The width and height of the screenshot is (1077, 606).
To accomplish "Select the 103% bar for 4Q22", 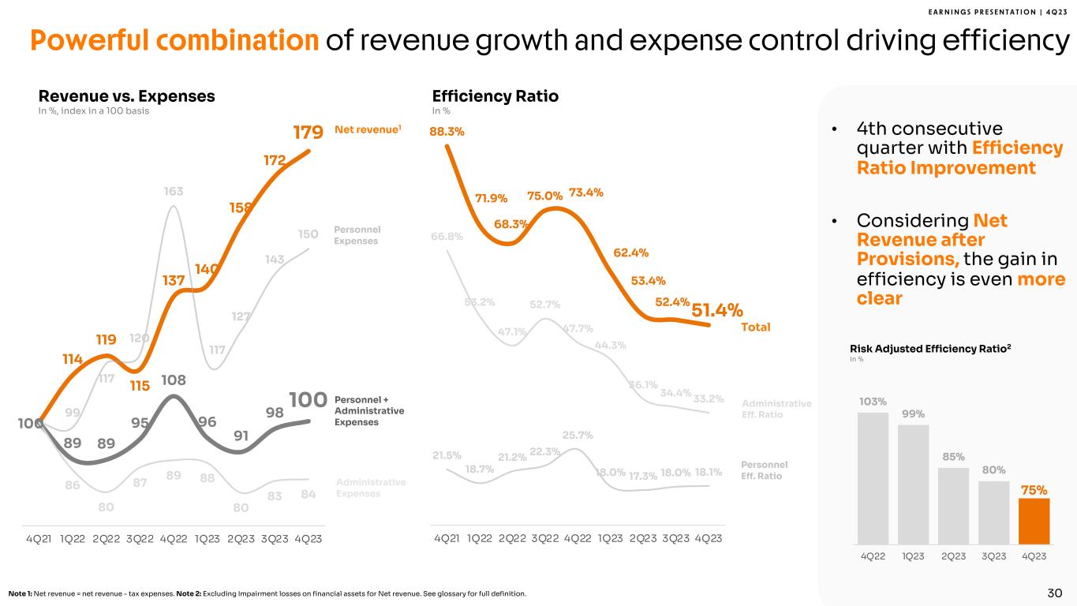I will point(873,478).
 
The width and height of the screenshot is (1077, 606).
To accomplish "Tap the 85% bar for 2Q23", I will point(953,506).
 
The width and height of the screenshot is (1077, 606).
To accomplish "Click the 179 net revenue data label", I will point(308,132).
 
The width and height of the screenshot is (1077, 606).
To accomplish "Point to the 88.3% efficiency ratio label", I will point(447,132).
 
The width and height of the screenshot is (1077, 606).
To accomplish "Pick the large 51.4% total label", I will point(717,311).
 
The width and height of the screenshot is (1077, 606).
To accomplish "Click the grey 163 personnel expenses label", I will point(174,192).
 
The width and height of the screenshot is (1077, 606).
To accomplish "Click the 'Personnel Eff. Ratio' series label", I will point(765,470).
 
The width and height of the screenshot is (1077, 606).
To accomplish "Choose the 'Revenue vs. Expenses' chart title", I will point(126,96).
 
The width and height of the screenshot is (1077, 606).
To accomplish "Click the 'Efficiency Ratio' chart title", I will point(495,96).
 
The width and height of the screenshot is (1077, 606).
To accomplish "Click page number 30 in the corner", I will point(1055,593).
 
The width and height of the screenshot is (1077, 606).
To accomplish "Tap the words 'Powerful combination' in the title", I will point(174,41).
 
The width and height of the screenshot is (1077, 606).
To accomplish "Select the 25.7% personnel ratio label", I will point(578,435).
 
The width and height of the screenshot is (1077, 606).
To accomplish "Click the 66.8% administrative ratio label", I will point(447,237).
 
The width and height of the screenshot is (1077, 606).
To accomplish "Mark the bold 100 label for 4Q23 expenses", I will point(308,400).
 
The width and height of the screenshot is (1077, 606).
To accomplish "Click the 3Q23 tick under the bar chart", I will point(993,555).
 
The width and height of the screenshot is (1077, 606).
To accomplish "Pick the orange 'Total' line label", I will point(754,327).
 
